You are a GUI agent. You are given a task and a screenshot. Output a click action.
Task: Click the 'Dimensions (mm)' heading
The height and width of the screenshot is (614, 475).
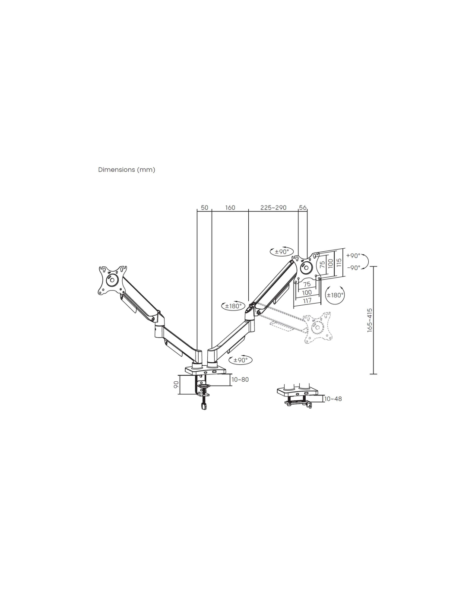pos(127,170)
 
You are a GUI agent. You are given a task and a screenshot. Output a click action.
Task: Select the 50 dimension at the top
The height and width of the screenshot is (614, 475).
pos(204,208)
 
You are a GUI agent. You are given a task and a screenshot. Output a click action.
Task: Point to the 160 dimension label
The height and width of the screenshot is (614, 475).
pos(230,208)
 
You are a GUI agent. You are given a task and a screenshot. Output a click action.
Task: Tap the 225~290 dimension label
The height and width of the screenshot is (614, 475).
pos(273,208)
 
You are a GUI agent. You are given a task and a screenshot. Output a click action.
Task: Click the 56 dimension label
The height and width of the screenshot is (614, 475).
pos(303,208)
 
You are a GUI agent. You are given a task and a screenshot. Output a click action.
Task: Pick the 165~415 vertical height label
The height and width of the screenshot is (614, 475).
pos(370,320)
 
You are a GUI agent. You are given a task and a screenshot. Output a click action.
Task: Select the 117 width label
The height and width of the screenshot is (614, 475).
pos(307,300)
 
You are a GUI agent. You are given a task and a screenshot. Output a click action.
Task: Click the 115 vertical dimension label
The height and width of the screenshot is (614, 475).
pos(339,262)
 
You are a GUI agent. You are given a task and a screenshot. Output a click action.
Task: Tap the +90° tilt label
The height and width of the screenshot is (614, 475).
pos(353,256)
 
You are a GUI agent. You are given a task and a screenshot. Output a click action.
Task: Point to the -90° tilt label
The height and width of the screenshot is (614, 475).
pos(353,268)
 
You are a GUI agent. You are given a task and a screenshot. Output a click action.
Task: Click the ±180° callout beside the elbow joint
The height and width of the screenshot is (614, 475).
pos(233,306)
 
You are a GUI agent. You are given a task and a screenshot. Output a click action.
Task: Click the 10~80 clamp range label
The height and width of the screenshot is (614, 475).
pos(240,380)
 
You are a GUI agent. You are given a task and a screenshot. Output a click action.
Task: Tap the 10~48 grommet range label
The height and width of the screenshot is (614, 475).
pos(333,399)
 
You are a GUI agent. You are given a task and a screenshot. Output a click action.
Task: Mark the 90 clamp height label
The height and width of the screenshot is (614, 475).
pos(176,385)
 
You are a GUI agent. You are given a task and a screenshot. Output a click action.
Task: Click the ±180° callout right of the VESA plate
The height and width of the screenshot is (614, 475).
pos(335,295)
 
